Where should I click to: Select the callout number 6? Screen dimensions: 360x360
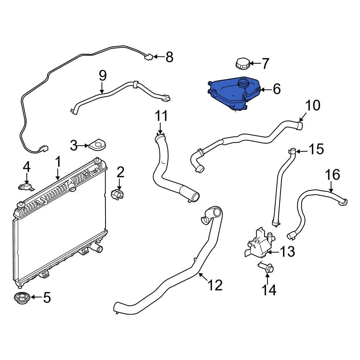click(x=276, y=89)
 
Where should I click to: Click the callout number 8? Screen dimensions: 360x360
click(x=169, y=57)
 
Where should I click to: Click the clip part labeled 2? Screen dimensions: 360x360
click(x=117, y=194)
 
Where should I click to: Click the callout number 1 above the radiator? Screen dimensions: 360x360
click(x=58, y=162)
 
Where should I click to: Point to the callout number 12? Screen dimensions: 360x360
click(x=215, y=285)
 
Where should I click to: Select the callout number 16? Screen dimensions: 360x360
click(x=333, y=175)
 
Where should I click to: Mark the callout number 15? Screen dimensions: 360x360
click(x=316, y=149)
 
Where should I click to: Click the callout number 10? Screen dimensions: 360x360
click(x=312, y=106)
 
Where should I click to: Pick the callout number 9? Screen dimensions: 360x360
click(x=103, y=75)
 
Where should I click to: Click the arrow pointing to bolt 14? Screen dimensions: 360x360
click(x=267, y=279)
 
